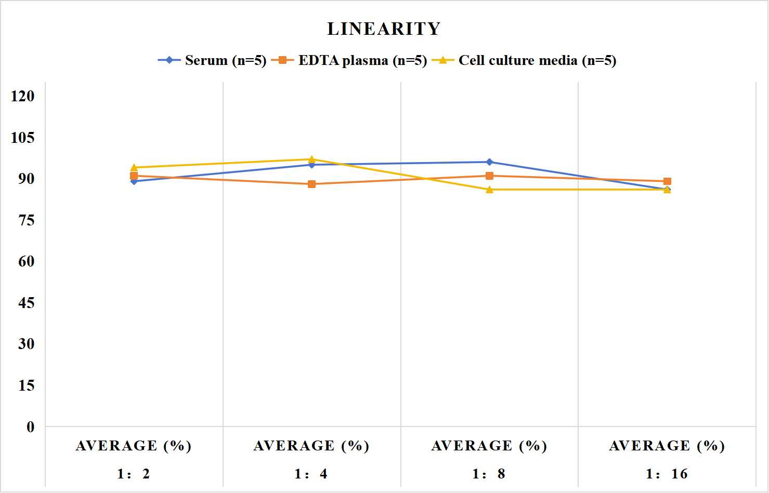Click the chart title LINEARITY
tap(384, 29)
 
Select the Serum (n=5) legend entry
tap(212, 60)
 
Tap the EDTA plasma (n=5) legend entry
tap(349, 60)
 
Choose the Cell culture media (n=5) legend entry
tap(524, 60)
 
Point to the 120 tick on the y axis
tap(23, 96)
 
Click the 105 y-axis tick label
tap(23, 138)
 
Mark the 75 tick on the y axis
tap(27, 220)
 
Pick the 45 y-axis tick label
tap(27, 303)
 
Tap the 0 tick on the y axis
tap(31, 427)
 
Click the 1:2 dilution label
tap(134, 474)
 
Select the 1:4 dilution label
tap(311, 474)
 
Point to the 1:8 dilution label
tap(489, 474)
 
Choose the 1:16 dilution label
tap(667, 474)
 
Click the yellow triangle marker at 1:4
tap(312, 159)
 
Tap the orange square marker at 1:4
tap(312, 184)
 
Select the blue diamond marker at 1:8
tap(490, 162)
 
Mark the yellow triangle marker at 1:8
tap(490, 190)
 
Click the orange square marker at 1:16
tap(667, 181)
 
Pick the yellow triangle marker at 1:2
tap(134, 167)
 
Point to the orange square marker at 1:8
tap(490, 176)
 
